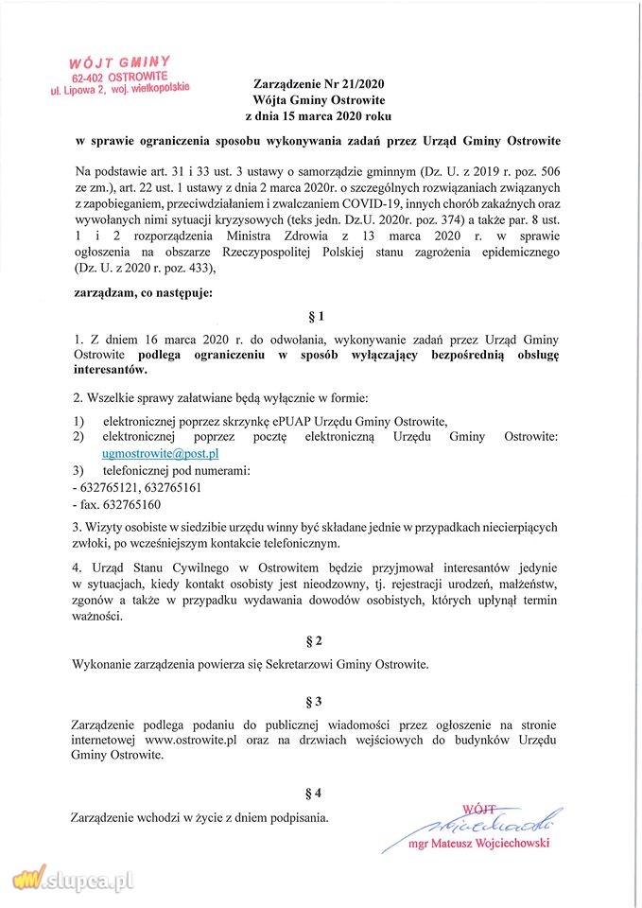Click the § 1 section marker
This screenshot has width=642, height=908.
click(321, 316)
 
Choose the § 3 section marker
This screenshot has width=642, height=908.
click(321, 701)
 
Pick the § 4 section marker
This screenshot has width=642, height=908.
click(321, 791)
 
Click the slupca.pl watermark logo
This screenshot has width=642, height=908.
click(71, 880)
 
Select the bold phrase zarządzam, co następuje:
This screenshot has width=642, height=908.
click(143, 292)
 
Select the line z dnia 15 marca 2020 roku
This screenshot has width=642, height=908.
click(321, 115)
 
